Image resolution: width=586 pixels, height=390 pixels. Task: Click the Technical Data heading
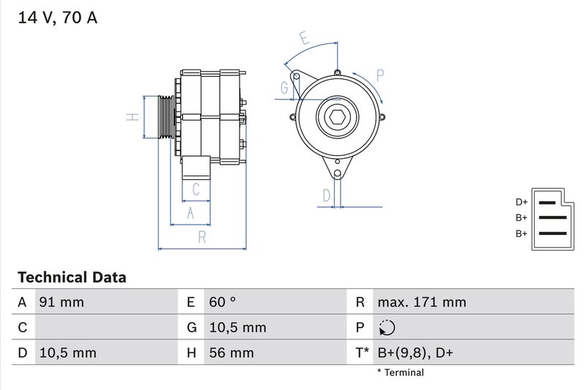[72, 277]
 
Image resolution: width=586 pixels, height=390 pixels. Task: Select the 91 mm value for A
[62, 302]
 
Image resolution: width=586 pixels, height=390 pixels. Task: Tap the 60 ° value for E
[222, 302]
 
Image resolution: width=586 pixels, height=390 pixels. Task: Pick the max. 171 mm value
[421, 302]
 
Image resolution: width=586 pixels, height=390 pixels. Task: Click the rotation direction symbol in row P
[388, 328]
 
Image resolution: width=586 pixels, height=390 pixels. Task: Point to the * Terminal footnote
[400, 372]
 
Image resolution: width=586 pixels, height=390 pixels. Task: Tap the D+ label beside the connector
[522, 202]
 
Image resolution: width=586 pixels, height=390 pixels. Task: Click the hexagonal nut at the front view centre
[338, 118]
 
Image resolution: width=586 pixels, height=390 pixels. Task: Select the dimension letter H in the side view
[131, 117]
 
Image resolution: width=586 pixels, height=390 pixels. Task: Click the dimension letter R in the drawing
[201, 236]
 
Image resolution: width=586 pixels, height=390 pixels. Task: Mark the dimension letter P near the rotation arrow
[380, 73]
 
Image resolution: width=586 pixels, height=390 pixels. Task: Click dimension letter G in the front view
[284, 88]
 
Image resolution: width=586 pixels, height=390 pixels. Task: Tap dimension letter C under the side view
[196, 190]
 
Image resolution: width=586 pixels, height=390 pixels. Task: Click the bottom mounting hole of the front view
[338, 173]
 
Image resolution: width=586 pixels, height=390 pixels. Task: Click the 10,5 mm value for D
[67, 353]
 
